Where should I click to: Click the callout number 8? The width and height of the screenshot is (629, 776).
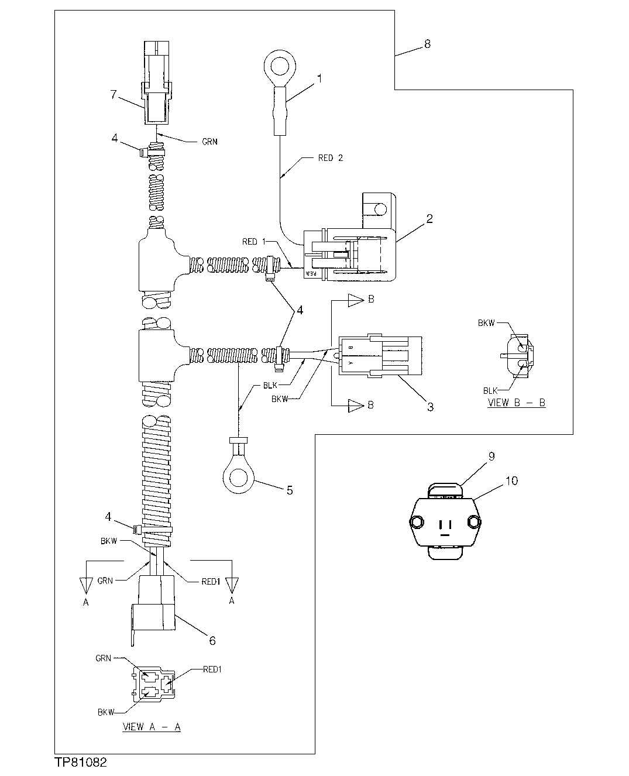point(427,44)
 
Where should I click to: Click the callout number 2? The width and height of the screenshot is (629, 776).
point(429,219)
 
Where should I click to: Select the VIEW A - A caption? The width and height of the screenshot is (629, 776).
point(152,727)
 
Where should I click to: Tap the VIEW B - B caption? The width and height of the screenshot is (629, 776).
point(516,403)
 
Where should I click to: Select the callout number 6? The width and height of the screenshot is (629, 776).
point(212,641)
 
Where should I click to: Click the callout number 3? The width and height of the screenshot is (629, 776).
point(430,407)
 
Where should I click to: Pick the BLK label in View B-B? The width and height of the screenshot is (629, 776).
point(490,390)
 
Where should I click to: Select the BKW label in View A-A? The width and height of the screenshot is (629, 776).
point(106,712)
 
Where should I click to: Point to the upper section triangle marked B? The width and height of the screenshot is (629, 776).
point(356,301)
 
